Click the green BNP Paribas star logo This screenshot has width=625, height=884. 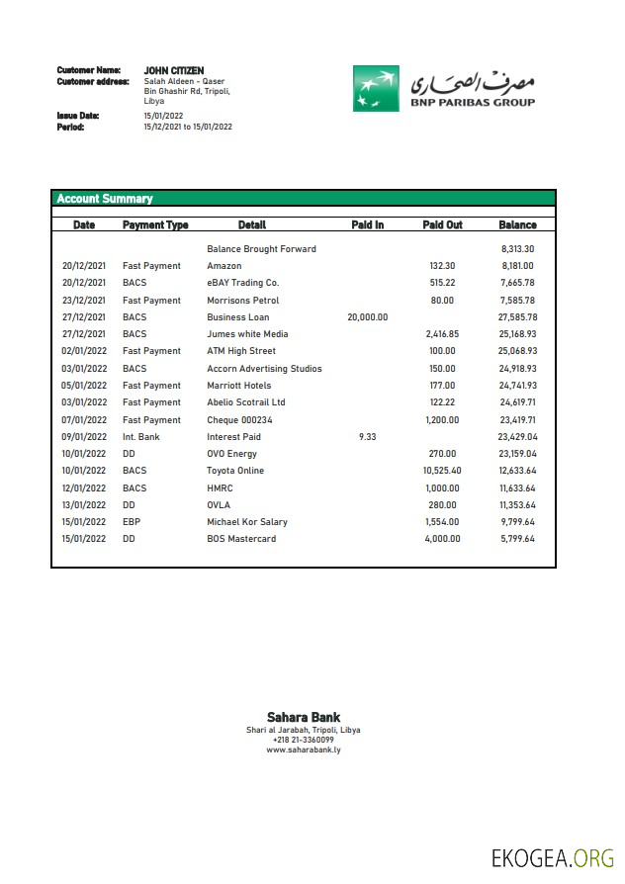376,88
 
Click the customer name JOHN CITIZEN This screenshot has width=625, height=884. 174,71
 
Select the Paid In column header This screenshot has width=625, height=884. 368,225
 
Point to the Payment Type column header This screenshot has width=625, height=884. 155,225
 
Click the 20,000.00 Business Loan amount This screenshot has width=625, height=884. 368,317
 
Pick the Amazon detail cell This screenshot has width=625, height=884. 223,266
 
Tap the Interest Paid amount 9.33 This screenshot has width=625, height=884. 368,437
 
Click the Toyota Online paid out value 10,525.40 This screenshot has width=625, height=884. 442,471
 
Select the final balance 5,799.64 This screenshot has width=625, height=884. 517,539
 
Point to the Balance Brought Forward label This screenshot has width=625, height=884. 261,249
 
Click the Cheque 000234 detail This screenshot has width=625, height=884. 239,420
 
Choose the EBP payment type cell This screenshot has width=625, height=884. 132,522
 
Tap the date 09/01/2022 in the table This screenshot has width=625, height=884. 83,437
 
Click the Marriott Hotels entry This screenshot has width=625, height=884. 239,386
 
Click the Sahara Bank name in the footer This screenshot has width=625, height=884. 304,718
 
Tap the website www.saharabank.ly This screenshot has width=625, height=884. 304,751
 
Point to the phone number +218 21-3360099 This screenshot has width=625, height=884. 304,740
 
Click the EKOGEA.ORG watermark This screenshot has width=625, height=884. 553,856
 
